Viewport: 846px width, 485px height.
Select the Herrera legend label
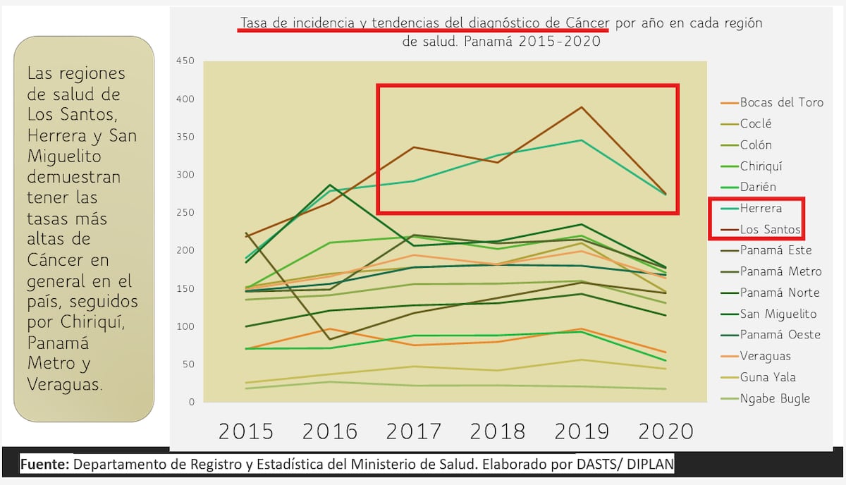pos(761,208)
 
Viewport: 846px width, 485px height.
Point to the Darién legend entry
pos(758,187)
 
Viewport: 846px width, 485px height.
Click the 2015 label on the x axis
pos(246,431)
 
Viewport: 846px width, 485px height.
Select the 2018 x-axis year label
pos(498,431)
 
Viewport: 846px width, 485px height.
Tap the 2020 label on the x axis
pos(666,431)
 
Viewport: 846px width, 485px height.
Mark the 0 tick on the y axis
pos(190,403)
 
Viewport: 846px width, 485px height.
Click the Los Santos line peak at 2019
pos(582,107)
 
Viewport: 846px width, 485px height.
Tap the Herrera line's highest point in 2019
pos(582,140)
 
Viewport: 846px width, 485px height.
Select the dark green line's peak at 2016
pos(329,185)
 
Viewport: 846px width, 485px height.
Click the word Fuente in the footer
pos(44,465)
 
